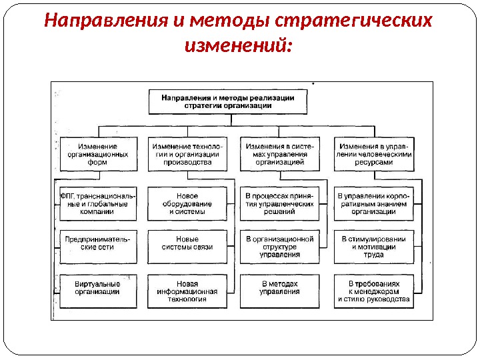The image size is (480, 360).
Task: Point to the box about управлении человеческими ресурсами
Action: [376, 154]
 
